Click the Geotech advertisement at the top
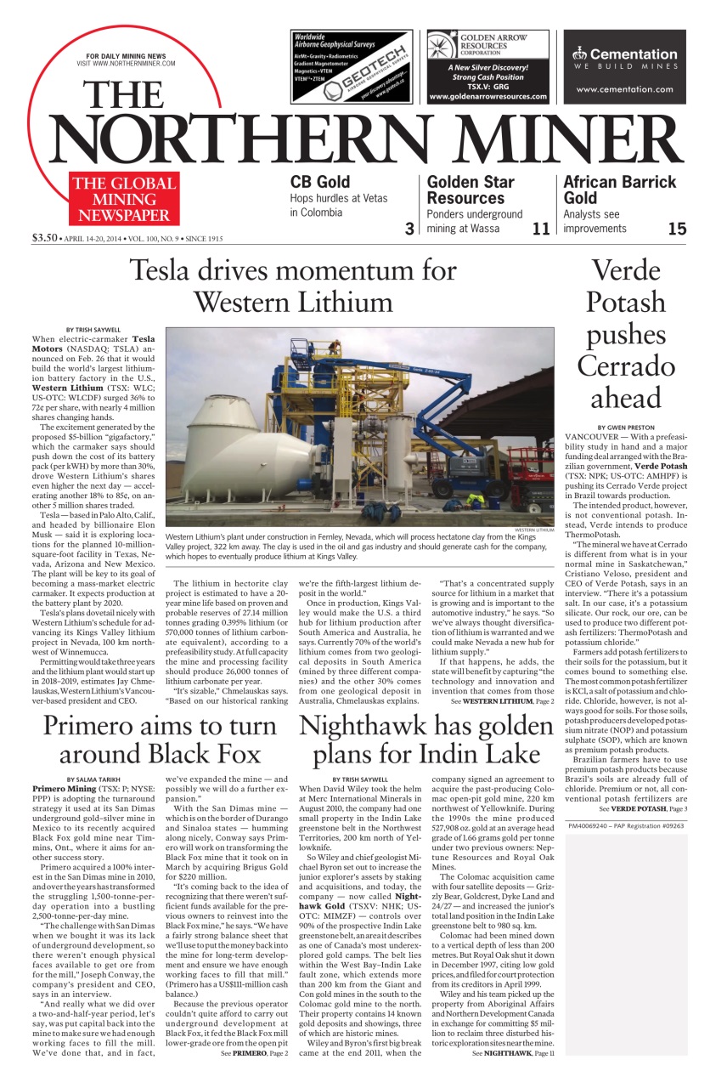(x=352, y=66)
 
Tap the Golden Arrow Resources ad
(x=487, y=66)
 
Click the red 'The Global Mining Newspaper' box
(x=124, y=199)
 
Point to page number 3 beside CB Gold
(x=409, y=228)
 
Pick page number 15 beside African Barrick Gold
(x=677, y=228)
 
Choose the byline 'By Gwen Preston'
(x=626, y=427)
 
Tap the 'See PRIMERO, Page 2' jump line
(x=255, y=1052)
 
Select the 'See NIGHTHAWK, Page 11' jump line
(x=512, y=1052)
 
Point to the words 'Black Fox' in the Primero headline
(x=203, y=753)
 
